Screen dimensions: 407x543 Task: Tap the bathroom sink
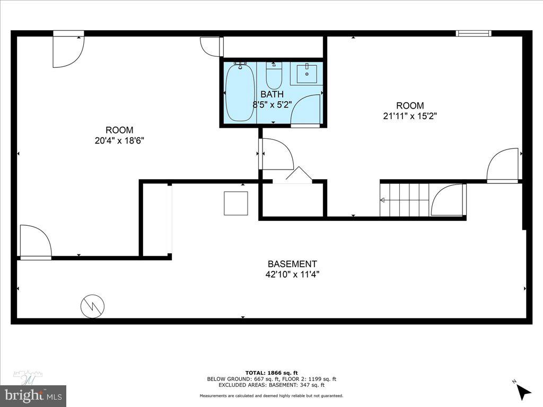tap(306, 74)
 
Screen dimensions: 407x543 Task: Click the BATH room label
tap(272, 94)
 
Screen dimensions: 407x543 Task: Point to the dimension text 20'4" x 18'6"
tap(119, 141)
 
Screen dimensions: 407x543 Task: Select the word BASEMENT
tap(292, 264)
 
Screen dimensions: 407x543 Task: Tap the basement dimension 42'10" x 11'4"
tap(292, 275)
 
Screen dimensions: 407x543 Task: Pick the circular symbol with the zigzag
tap(92, 306)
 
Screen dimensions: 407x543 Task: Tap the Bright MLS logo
tap(33, 395)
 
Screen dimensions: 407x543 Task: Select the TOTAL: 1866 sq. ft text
tap(271, 373)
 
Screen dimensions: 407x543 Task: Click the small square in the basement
tap(235, 203)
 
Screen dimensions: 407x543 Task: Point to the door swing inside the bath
tap(306, 111)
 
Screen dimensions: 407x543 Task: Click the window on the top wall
tap(474, 33)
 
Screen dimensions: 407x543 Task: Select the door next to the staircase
tap(448, 200)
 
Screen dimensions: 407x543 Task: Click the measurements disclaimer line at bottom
tap(271, 396)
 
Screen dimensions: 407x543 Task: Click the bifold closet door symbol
tap(299, 175)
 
